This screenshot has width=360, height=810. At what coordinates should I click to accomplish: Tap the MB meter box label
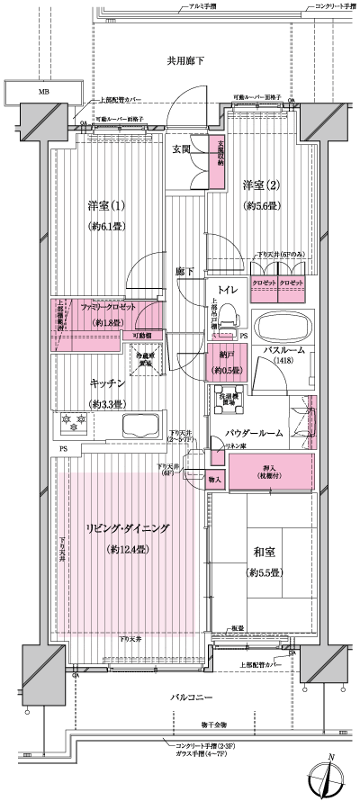(x=42, y=92)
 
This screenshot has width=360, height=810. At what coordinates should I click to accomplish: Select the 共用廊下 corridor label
(x=186, y=61)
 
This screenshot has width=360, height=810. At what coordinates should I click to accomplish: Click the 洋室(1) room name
(x=106, y=203)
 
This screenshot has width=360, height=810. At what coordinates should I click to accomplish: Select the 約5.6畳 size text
(x=262, y=206)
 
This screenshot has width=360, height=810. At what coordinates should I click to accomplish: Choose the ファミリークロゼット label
(x=108, y=307)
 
